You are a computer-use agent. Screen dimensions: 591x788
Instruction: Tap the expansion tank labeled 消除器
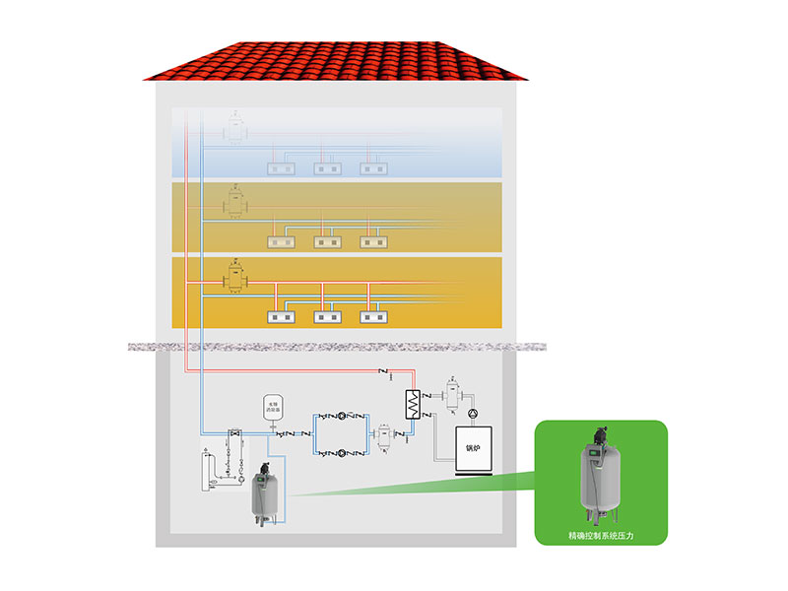(x=272, y=408)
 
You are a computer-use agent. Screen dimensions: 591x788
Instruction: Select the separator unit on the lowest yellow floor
(x=235, y=279)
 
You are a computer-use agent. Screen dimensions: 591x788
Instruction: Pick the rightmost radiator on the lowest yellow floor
(x=374, y=317)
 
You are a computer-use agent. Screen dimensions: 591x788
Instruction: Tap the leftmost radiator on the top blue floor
(x=282, y=168)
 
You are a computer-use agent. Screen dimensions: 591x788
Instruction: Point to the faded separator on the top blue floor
(x=235, y=128)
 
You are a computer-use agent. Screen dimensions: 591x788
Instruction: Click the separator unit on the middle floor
(x=235, y=203)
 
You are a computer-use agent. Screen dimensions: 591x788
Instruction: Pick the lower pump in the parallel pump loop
(x=341, y=454)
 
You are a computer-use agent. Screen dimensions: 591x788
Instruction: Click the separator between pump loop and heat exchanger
(x=383, y=435)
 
